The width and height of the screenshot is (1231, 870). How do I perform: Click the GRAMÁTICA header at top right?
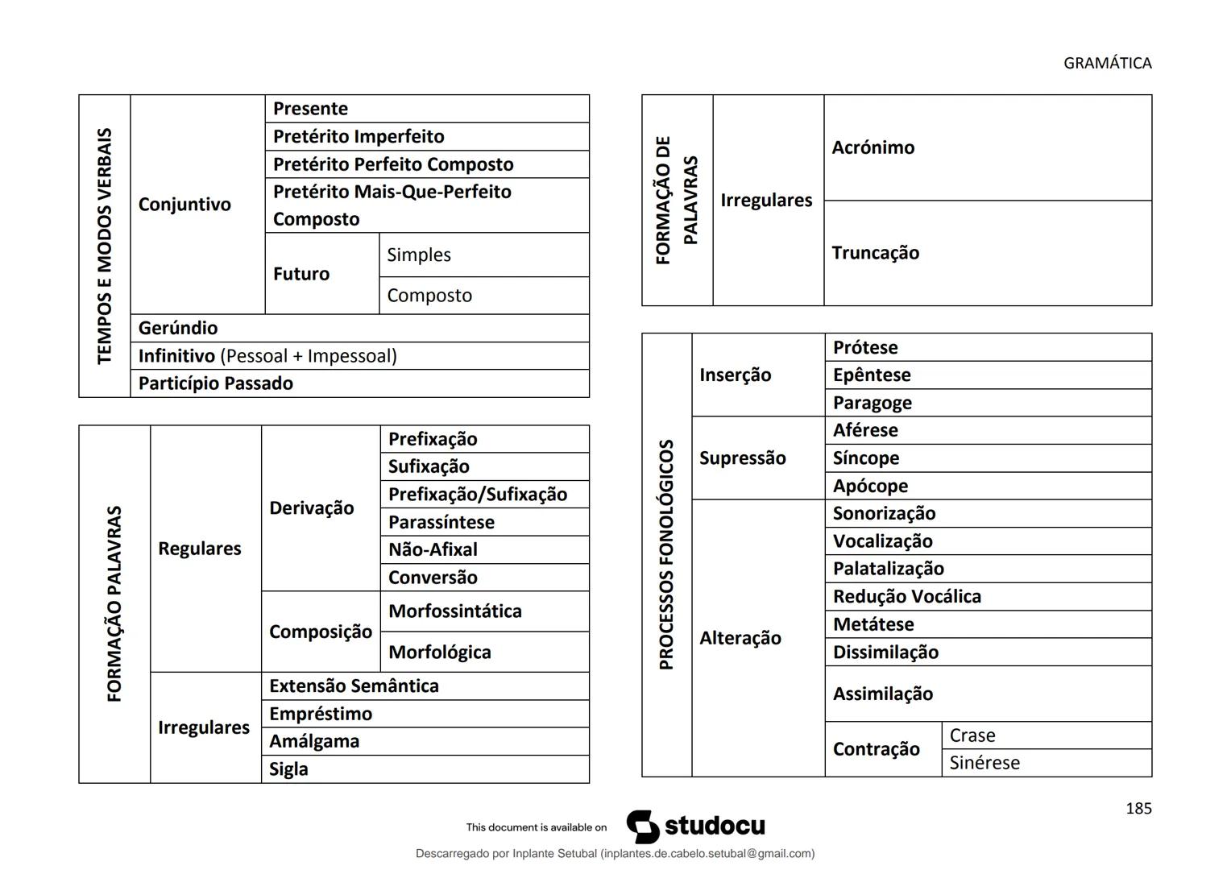tap(1107, 63)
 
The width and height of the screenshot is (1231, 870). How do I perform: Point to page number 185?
tap(1138, 808)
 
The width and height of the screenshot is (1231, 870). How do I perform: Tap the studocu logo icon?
tap(643, 826)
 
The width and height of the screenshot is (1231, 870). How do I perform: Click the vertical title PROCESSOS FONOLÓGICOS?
tap(666, 554)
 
